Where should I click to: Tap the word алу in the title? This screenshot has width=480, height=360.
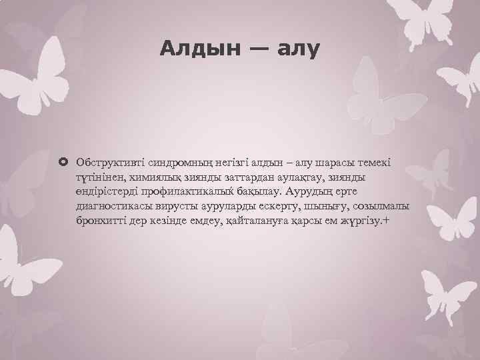pos(299,48)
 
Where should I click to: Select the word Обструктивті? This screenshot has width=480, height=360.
pos(107,163)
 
